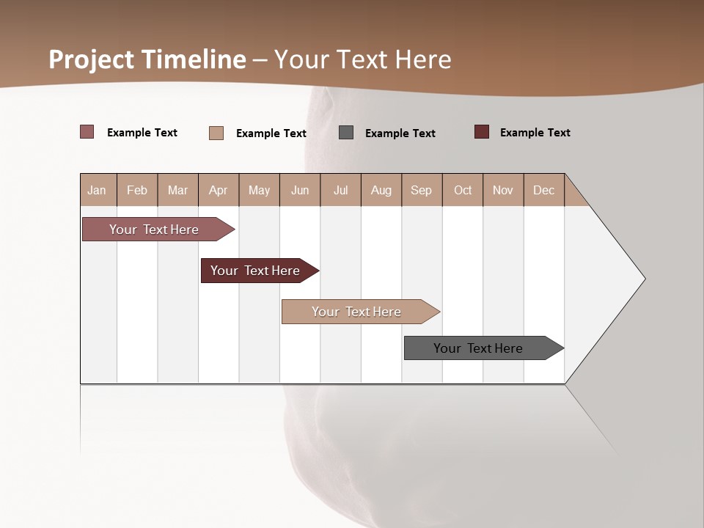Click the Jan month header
tap(97, 190)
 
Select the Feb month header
tap(137, 190)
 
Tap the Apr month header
tap(218, 190)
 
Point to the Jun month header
tap(300, 190)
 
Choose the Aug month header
tap(381, 190)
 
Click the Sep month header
tap(421, 190)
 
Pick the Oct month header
tap(463, 190)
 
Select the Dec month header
tap(543, 190)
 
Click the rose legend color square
tap(87, 132)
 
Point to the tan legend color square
tap(216, 133)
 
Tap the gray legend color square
tap(346, 133)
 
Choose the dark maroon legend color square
tap(482, 132)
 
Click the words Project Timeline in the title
tap(147, 59)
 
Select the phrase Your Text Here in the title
tap(363, 59)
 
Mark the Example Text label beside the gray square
tap(400, 133)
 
